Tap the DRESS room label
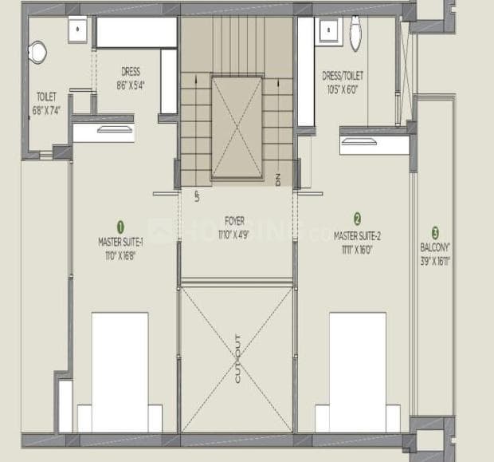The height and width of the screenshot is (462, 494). click(131, 71)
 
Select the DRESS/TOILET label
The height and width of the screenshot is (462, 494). click(343, 76)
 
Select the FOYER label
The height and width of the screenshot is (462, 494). click(234, 220)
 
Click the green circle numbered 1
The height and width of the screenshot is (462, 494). click(121, 226)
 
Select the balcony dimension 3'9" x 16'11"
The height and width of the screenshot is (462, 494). click(435, 260)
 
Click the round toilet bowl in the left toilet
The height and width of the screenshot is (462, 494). click(37, 52)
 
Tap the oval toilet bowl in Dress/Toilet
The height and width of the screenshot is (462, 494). click(355, 36)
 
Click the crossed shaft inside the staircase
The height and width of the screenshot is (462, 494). click(237, 128)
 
